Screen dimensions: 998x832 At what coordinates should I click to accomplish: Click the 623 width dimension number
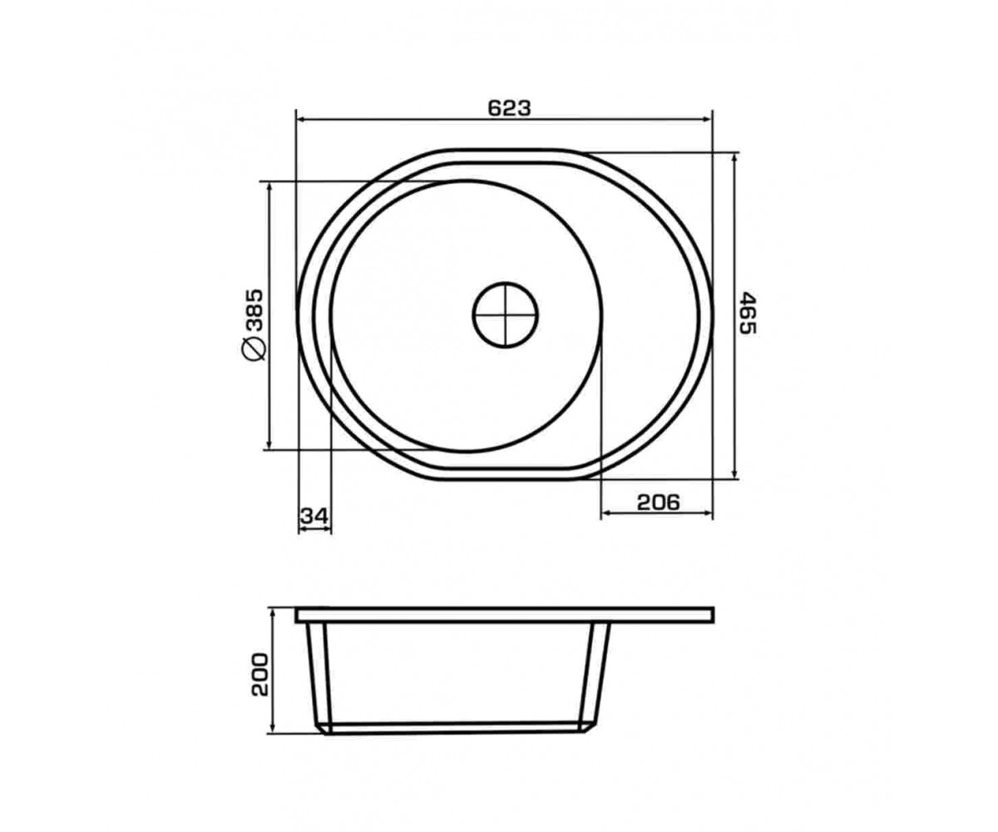pos(509,108)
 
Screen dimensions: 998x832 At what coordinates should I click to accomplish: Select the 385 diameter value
pos(254,310)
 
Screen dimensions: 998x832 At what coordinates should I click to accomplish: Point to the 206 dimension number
pos(658,502)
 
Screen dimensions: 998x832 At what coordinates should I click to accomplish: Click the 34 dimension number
pos(314,516)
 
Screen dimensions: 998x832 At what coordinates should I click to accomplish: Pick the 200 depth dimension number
pos(260,675)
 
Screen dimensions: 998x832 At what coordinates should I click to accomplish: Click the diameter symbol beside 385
pos(254,348)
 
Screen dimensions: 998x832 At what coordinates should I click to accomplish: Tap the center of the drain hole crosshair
pos(505,315)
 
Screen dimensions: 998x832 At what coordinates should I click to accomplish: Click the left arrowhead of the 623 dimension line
pos(302,119)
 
